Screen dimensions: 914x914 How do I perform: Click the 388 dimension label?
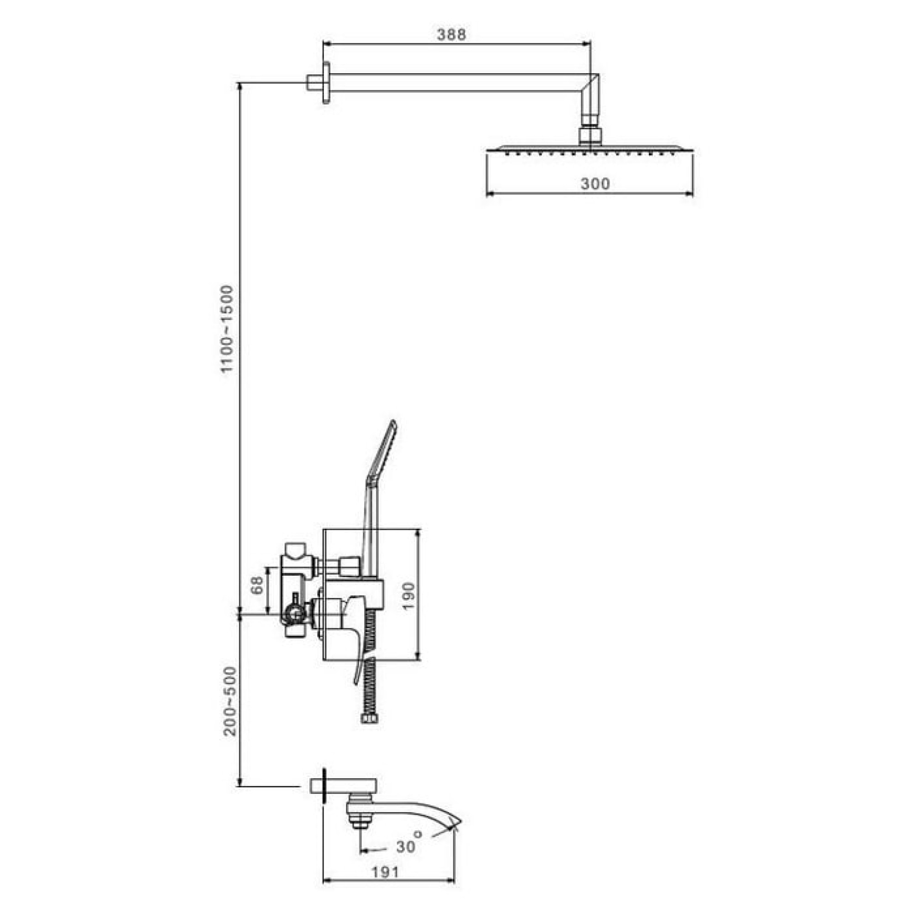click(451, 35)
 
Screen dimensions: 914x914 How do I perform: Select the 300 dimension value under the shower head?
click(595, 184)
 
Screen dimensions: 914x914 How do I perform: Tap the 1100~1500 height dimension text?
click(228, 329)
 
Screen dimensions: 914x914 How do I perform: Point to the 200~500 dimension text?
click(230, 701)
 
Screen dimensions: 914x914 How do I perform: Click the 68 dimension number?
click(257, 585)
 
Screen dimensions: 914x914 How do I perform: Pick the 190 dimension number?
click(409, 596)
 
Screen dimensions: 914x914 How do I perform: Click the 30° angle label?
click(408, 845)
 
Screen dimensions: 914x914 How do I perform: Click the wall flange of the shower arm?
click(326, 83)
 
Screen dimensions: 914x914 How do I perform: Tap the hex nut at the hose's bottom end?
click(369, 732)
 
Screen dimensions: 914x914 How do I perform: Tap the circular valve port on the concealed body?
click(296, 615)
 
